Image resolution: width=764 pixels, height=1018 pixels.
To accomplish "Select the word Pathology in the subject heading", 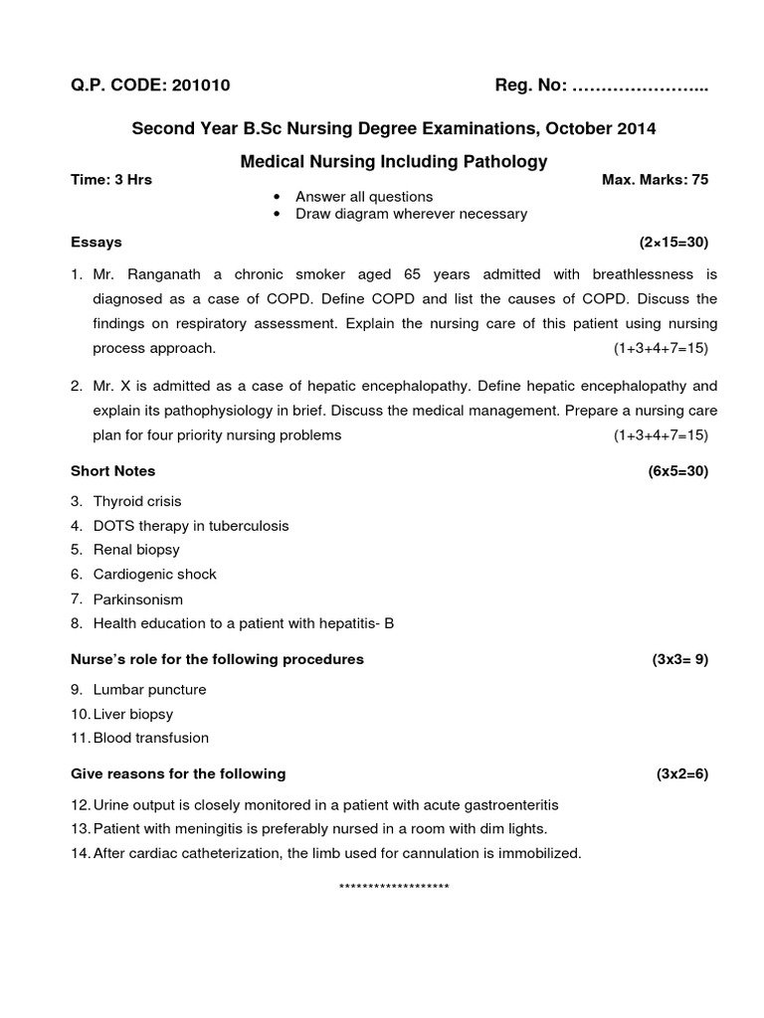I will click(x=500, y=161).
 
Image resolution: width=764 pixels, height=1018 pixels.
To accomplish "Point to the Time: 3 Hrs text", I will click(x=111, y=180).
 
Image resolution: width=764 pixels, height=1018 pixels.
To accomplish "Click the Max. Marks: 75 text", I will click(x=656, y=180).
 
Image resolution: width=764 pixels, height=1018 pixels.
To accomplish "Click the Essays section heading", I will click(x=96, y=242).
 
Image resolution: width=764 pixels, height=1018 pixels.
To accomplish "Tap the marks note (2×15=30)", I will click(x=673, y=242).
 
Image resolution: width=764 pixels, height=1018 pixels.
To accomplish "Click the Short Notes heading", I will click(x=113, y=470).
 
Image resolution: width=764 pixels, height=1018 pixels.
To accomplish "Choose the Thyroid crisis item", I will click(x=137, y=501).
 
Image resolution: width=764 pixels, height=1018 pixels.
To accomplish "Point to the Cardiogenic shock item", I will click(x=154, y=574).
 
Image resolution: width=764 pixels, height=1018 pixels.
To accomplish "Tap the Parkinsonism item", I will click(x=138, y=599).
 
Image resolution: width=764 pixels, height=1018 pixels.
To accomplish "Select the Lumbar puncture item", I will click(x=150, y=689).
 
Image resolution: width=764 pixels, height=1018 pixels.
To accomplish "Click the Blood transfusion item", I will click(x=151, y=738).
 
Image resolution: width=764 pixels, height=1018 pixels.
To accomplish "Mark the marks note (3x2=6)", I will click(x=681, y=773).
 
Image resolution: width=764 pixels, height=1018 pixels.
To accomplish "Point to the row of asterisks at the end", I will click(x=394, y=886).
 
